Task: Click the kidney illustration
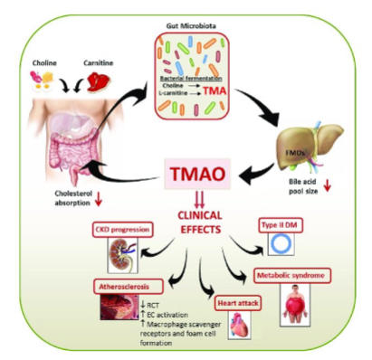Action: click(x=122, y=254)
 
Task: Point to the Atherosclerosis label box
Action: click(x=124, y=284)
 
